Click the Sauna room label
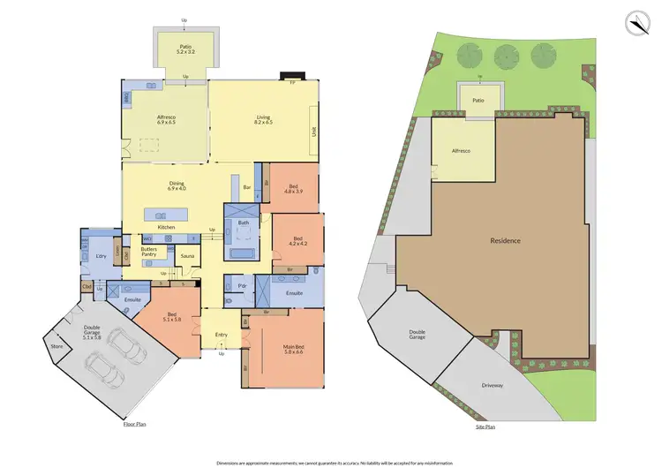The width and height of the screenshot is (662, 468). (x=187, y=256)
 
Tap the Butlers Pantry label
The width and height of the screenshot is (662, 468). (x=148, y=253)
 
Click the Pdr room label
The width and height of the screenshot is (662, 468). (x=241, y=286)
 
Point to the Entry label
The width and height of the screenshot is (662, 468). (x=221, y=336)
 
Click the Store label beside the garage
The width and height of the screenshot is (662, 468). (x=56, y=347)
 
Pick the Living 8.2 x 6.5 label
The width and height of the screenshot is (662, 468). (x=263, y=120)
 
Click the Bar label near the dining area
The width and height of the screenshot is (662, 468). (x=248, y=187)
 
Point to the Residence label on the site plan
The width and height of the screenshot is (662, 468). (x=507, y=240)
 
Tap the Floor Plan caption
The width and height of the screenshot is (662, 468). (x=135, y=424)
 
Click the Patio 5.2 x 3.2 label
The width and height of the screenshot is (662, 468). (x=185, y=49)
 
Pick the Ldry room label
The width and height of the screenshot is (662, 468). (x=101, y=257)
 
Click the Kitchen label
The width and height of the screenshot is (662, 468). (x=166, y=228)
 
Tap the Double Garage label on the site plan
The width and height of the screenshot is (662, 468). (x=417, y=336)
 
